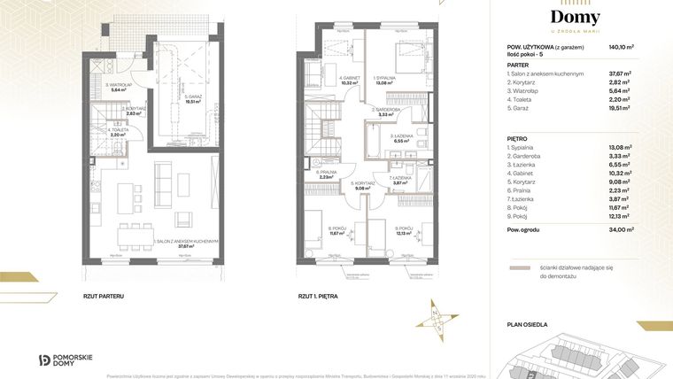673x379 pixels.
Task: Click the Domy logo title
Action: (575, 18)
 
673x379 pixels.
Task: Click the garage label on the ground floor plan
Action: (192, 98)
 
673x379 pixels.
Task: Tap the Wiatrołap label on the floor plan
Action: (119, 87)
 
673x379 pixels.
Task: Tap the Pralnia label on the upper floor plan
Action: (328, 174)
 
